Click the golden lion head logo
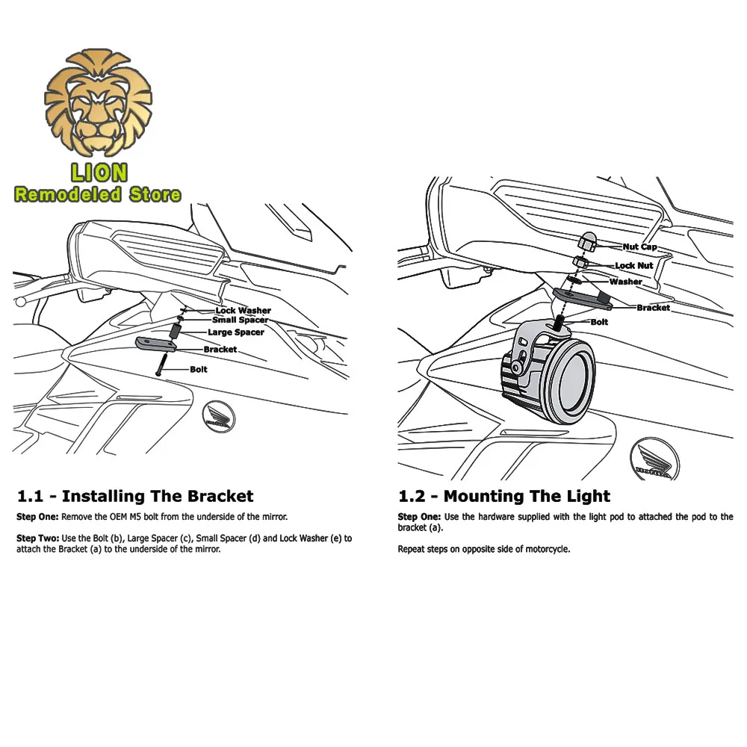click(98, 103)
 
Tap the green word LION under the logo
click(99, 173)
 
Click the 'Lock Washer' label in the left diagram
click(243, 310)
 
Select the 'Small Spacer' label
click(240, 320)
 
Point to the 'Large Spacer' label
click(235, 332)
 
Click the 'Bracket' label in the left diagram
click(220, 349)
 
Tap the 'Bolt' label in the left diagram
click(198, 369)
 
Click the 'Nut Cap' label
click(639, 247)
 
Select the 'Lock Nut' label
click(633, 265)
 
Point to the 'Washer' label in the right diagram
click(625, 282)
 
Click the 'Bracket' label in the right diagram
click(653, 307)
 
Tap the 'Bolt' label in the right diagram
click(599, 322)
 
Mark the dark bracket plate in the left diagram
click(155, 344)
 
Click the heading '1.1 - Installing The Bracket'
click(135, 496)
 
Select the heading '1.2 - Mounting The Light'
click(504, 496)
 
